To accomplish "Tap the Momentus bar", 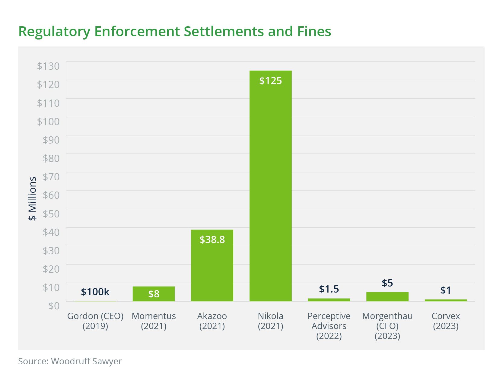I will coord(154,294).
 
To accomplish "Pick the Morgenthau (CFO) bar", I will coord(387,296).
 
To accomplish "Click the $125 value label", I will coord(270,81).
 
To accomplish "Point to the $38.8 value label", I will coord(212,240).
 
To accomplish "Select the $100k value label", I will coord(95,292).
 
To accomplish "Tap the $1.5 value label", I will coord(329,289).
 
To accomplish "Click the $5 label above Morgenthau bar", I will coord(387,283).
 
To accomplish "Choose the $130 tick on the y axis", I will coord(48,66).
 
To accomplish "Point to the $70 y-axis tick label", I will coord(51,177).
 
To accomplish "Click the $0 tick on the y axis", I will coord(54,306).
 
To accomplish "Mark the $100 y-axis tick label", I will coord(48,122).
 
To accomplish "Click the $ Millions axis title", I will coord(33,198).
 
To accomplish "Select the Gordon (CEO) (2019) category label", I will coord(95,321).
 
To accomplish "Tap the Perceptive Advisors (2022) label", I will coord(329,326).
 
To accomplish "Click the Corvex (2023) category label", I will coord(446,321).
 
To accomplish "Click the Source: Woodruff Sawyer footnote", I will coord(70,361).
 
